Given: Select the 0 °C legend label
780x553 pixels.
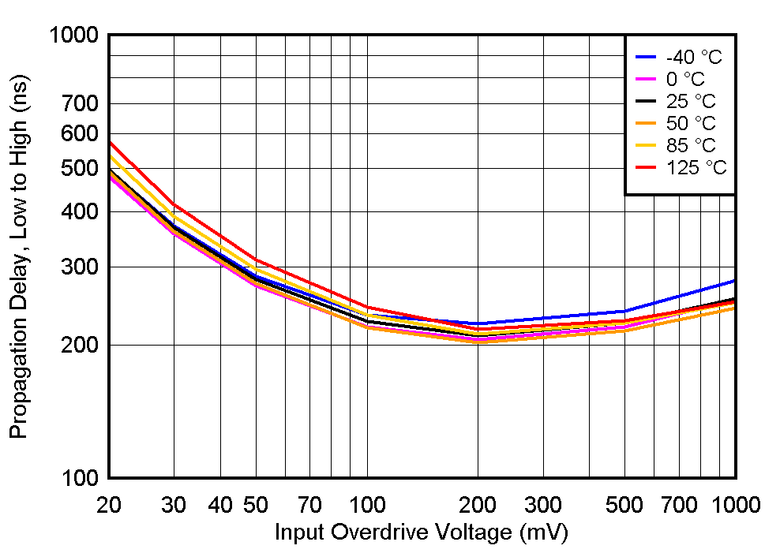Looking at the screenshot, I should click(x=685, y=79).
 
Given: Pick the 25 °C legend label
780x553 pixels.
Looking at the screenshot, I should click(x=691, y=101).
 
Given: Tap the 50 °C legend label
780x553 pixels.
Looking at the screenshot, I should click(x=691, y=123).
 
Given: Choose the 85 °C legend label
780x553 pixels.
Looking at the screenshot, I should click(x=691, y=145).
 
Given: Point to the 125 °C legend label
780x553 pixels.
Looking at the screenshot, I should click(x=696, y=167).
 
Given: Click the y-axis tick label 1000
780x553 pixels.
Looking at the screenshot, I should click(x=73, y=35).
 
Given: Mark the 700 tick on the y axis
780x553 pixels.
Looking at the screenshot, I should click(x=80, y=103).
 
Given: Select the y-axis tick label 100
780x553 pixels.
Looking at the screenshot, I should click(x=80, y=478).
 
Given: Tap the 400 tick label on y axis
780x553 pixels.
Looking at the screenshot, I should click(x=80, y=211).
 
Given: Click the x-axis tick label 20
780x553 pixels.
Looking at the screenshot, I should click(x=109, y=505).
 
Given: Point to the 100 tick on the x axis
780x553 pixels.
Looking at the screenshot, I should click(x=366, y=505).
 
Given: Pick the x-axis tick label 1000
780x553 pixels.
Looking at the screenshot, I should click(x=735, y=505).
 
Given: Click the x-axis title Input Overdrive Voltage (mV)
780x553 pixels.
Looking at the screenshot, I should click(x=421, y=533).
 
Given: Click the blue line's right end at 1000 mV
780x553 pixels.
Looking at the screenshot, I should click(x=734, y=281).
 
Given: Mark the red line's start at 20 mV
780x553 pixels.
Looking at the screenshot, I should click(x=110, y=143).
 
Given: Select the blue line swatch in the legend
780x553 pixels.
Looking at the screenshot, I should click(x=646, y=57).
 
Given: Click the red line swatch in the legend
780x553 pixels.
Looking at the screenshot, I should click(x=646, y=167).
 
